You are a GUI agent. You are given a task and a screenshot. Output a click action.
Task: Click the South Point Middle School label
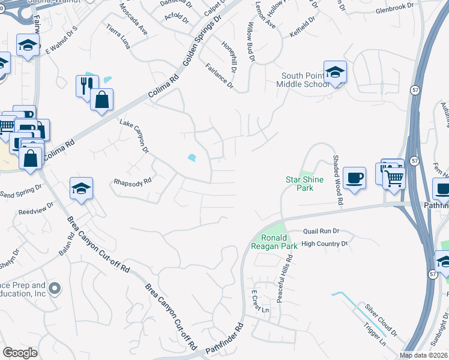point(306,80)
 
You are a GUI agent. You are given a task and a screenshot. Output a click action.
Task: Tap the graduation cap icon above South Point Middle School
point(335,72)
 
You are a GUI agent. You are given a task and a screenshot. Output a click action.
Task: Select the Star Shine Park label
point(304,184)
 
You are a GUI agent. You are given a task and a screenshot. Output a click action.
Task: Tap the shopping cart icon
point(394,177)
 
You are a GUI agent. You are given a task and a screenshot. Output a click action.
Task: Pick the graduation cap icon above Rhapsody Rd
point(80,188)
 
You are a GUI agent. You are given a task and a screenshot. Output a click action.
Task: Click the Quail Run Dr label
point(321,230)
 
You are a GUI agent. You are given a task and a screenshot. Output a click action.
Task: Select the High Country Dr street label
point(324,244)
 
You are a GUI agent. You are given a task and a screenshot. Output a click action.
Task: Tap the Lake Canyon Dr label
point(134,135)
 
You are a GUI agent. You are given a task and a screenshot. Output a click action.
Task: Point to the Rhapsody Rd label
point(133,182)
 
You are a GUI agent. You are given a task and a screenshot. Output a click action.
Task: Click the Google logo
point(20,353)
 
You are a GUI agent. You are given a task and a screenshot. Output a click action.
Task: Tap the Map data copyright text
point(424,355)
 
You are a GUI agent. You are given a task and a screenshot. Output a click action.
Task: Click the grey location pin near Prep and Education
point(55,289)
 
